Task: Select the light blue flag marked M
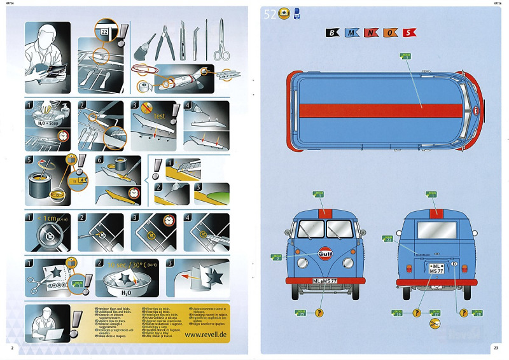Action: coord(352,32)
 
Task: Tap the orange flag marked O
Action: coord(389,32)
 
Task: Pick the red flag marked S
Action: coord(408,32)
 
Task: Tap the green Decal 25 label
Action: coord(302,313)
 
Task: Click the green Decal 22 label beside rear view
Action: coord(388,239)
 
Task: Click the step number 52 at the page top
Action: coord(270,15)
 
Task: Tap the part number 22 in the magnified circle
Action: coord(104,31)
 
